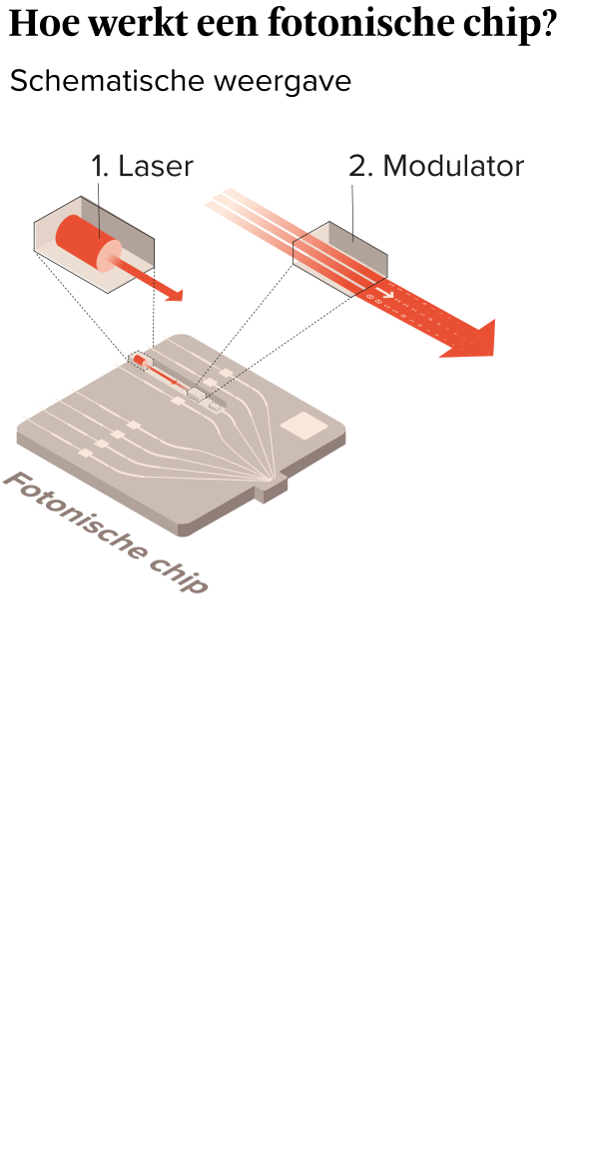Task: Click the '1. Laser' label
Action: click(142, 166)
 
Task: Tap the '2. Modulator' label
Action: click(436, 166)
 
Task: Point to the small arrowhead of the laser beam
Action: click(174, 295)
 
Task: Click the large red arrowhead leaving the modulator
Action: click(473, 340)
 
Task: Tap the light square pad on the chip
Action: click(304, 425)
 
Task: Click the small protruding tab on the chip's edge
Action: click(271, 489)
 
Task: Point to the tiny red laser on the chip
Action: click(141, 361)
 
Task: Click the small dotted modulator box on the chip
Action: click(197, 394)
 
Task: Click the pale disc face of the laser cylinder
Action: click(110, 255)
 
